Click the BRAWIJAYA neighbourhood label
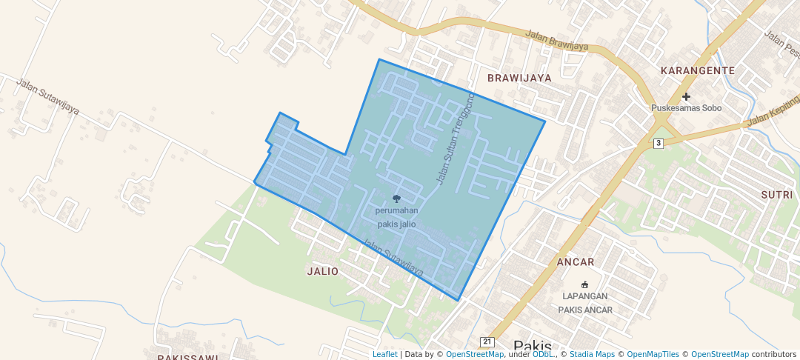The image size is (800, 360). pyautogui.click(x=519, y=77)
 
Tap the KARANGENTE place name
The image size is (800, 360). pyautogui.click(x=697, y=70)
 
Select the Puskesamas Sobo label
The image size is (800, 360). pyautogui.click(x=686, y=108)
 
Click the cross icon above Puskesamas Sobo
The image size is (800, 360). pyautogui.click(x=686, y=96)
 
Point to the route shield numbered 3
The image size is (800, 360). pyautogui.click(x=659, y=142)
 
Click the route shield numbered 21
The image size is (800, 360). pyautogui.click(x=487, y=341)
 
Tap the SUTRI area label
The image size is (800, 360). pyautogui.click(x=776, y=194)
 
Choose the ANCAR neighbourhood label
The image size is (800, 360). pyautogui.click(x=576, y=262)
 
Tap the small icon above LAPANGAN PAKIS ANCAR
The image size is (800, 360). pyautogui.click(x=585, y=284)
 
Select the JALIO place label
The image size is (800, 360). pyautogui.click(x=322, y=271)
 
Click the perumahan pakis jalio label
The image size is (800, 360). pyautogui.click(x=396, y=217)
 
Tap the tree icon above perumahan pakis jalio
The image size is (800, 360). pyautogui.click(x=396, y=199)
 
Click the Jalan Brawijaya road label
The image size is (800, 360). pyautogui.click(x=556, y=40)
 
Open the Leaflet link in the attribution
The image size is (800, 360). pyautogui.click(x=384, y=354)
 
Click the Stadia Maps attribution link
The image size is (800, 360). pyautogui.click(x=592, y=354)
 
